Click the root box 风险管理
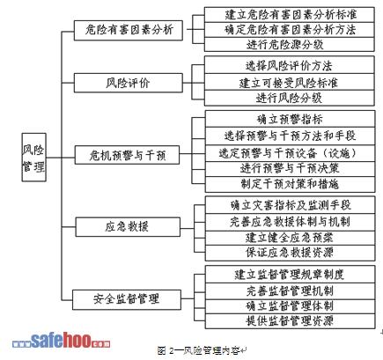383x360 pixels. (34, 158)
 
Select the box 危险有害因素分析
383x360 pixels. (129, 30)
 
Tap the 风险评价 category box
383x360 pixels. (129, 83)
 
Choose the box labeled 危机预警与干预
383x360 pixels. (127, 155)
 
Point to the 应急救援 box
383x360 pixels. (128, 227)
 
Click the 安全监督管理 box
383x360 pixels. (127, 299)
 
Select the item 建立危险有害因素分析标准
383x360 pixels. (290, 15)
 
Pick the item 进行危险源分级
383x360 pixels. (290, 45)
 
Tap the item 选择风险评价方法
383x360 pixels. (290, 65)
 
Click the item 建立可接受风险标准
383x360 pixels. (290, 82)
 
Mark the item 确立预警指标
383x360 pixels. (290, 119)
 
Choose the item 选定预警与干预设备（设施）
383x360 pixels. (290, 153)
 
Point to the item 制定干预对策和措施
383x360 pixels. (290, 184)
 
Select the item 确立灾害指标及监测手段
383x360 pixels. (290, 205)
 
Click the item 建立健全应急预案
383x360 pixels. (290, 238)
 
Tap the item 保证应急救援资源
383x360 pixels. (290, 253)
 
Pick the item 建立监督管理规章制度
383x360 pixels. (290, 274)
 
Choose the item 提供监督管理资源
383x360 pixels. (290, 321)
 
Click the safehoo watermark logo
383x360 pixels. (61, 341)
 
